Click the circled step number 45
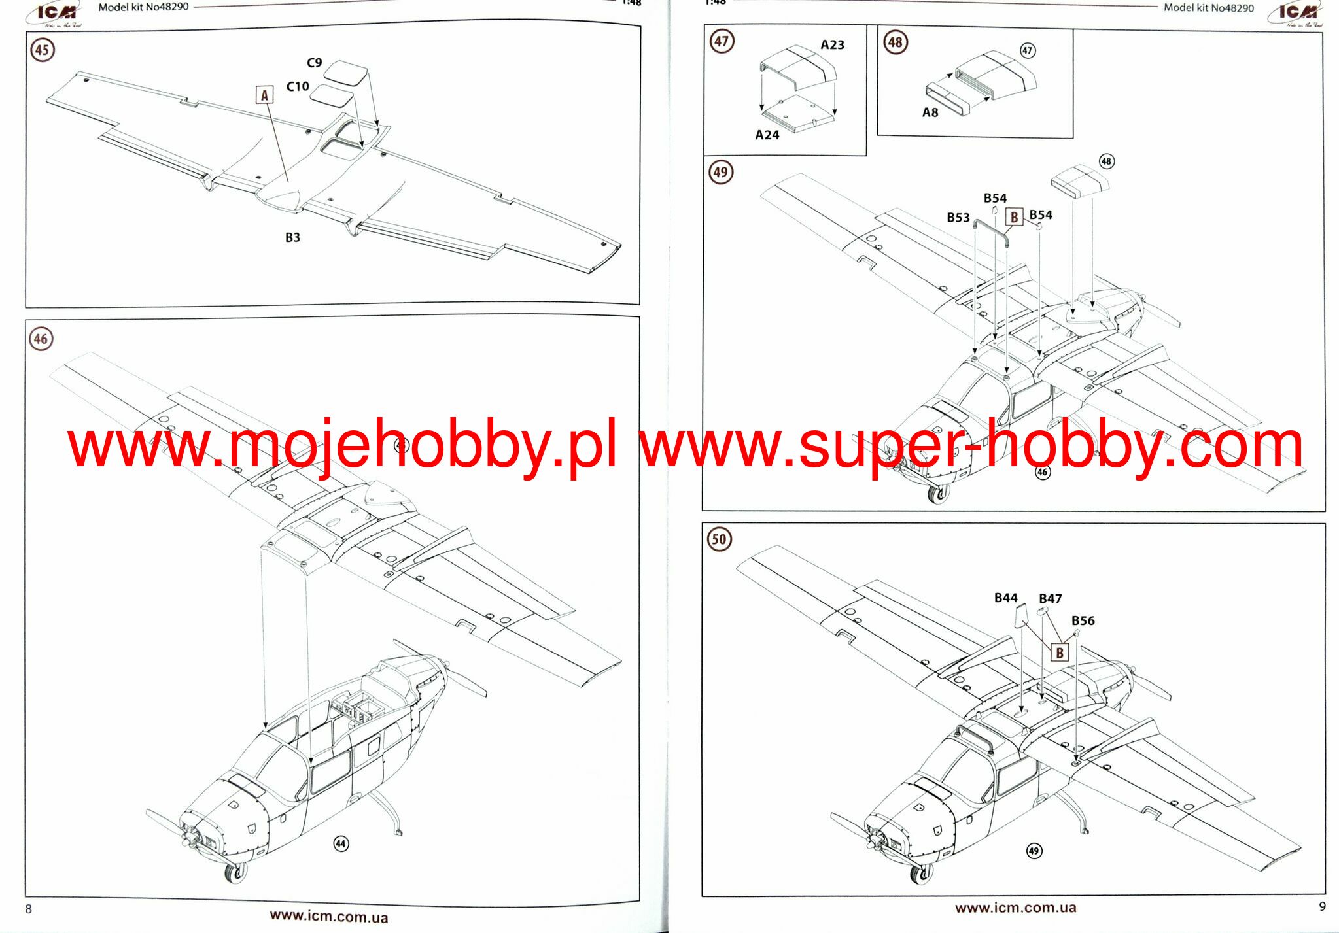[42, 50]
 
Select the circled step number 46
[41, 339]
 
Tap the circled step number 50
[719, 539]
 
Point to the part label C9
[315, 63]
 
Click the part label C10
[298, 86]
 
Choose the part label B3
[292, 237]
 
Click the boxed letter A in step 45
[264, 95]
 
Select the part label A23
[832, 44]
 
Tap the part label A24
[767, 135]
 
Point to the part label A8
[930, 112]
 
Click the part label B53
[958, 217]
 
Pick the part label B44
[1005, 598]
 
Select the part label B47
[1050, 598]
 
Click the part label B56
[1083, 620]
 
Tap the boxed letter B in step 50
[1060, 653]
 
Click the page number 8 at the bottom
[28, 909]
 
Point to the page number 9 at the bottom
[1322, 906]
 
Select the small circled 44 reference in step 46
[340, 843]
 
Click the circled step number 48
[895, 42]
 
